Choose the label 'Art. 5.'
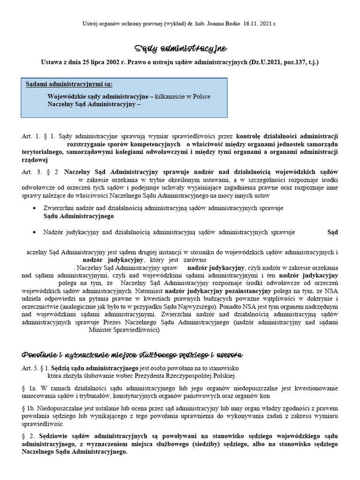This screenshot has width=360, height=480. [30, 367]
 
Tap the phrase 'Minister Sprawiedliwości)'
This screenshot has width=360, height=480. [124, 330]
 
